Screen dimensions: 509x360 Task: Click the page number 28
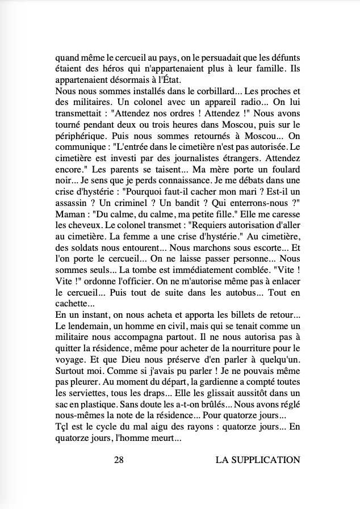tap(119, 460)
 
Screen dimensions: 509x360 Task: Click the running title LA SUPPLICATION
tap(258, 460)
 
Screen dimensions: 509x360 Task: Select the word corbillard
tap(191, 91)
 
